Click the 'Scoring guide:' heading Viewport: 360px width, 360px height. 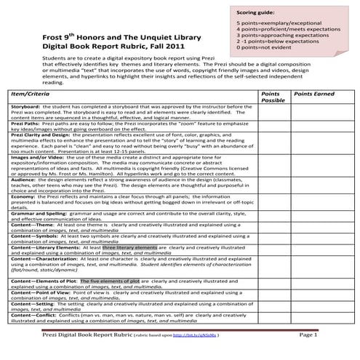pos(254,12)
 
